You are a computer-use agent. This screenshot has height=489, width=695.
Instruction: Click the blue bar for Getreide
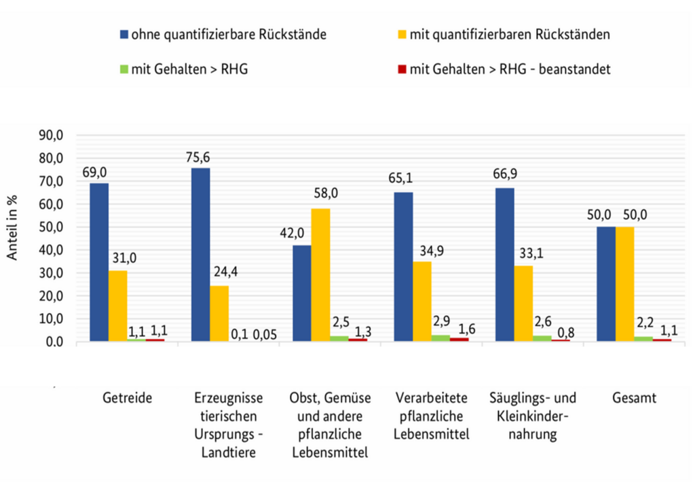tap(98, 261)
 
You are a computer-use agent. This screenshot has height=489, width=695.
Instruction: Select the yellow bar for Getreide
tap(117, 306)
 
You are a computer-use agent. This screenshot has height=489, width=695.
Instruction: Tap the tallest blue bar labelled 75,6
tap(200, 254)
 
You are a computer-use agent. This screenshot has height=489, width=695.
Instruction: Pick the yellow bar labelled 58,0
tap(320, 274)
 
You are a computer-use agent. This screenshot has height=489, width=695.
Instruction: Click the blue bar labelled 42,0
tap(301, 293)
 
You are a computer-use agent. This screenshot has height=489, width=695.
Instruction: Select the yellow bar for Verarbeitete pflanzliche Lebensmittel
tap(421, 301)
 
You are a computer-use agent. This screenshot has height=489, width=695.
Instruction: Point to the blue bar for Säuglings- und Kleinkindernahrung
tap(505, 264)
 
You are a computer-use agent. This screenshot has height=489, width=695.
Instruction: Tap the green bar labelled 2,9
tap(440, 338)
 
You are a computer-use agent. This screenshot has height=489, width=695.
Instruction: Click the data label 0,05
tap(265, 334)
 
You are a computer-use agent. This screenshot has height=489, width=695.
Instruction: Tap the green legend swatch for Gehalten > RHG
tap(124, 69)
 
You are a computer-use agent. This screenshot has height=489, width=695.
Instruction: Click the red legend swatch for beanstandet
tap(401, 69)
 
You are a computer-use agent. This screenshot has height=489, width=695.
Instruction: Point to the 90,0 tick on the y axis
tap(51, 136)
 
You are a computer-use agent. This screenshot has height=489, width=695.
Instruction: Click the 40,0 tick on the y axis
tap(51, 251)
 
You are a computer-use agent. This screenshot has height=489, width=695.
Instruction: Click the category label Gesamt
tap(633, 399)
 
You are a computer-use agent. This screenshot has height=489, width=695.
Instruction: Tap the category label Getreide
tap(127, 399)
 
